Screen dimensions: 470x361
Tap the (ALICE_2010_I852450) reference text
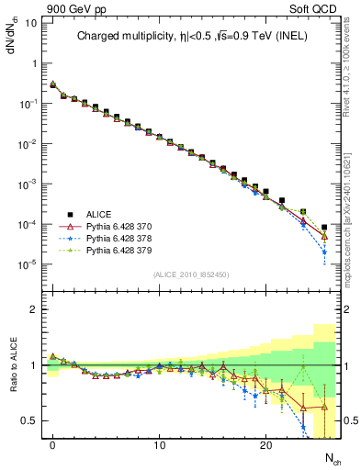click(189, 274)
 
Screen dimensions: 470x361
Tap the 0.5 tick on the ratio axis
click(31, 420)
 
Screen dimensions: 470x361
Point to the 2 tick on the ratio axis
click(35, 309)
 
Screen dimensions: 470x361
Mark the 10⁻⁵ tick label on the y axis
click(28, 264)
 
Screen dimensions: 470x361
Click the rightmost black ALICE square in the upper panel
click(324, 227)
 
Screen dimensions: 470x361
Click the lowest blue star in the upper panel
click(324, 252)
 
